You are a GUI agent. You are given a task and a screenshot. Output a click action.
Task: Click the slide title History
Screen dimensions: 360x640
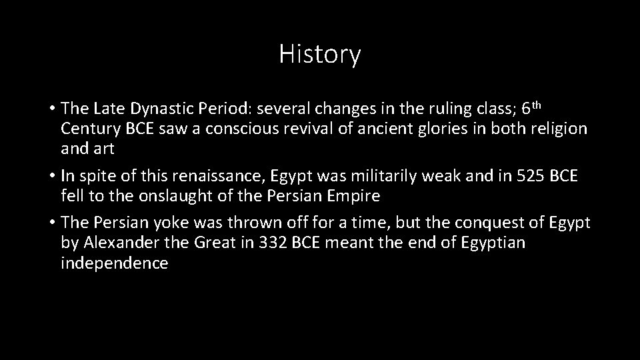pyautogui.click(x=320, y=54)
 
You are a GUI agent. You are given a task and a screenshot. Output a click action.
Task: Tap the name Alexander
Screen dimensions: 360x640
pyautogui.click(x=119, y=243)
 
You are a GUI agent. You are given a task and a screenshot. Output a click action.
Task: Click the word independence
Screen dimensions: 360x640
pyautogui.click(x=114, y=263)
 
